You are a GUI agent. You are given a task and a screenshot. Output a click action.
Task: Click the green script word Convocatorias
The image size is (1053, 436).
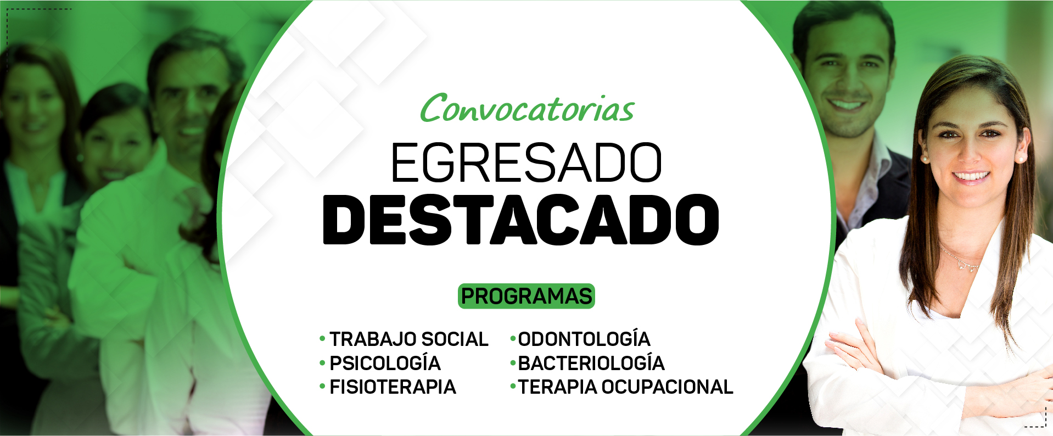527,108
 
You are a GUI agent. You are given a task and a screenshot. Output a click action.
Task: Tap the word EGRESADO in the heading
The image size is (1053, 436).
526,163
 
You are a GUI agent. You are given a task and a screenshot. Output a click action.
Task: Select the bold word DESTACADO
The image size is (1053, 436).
521,220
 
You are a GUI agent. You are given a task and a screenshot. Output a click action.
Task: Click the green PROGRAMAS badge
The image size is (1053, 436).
526,296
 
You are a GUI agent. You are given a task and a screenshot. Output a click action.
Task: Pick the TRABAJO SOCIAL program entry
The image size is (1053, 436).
408,339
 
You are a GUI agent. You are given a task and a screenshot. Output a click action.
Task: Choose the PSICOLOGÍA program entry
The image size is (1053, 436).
385,363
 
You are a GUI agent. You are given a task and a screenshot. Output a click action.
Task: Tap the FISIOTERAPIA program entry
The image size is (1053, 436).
393,387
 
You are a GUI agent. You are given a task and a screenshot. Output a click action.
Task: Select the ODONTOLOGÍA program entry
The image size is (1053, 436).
584,338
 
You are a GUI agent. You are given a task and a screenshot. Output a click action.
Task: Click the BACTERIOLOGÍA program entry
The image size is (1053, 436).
591,362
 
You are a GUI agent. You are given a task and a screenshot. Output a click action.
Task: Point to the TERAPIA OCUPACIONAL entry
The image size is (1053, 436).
626,387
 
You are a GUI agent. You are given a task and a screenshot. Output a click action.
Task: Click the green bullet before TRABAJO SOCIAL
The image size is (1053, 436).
322,339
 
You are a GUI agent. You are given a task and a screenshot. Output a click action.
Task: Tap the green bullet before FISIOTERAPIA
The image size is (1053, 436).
322,387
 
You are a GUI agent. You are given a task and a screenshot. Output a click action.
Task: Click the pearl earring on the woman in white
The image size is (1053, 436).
1021,159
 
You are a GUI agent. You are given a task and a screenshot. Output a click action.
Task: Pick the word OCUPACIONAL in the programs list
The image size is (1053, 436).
667,387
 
